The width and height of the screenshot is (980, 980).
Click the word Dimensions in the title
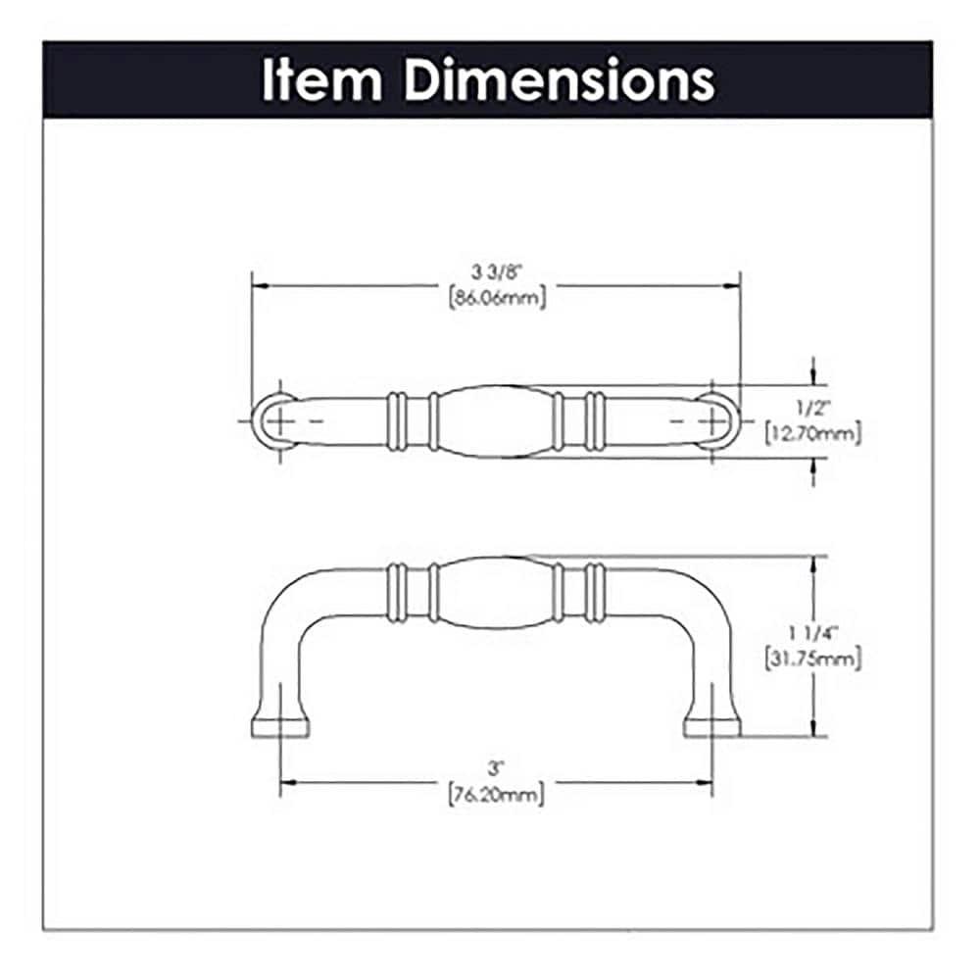(560, 81)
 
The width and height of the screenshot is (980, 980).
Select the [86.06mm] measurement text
(496, 299)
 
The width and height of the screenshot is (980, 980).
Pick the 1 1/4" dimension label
(812, 634)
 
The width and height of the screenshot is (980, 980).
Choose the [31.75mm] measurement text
(812, 660)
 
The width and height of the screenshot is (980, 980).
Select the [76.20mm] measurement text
(496, 794)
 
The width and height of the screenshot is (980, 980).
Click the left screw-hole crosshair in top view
(279, 419)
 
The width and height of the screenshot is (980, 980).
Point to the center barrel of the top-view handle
(494, 421)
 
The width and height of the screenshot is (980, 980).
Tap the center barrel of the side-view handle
(494, 592)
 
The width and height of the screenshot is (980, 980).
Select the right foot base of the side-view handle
(712, 726)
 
